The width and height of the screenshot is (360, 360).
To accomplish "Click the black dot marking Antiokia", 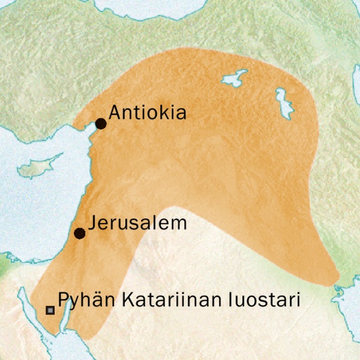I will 101,124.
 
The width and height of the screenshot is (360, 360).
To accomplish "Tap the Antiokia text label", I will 148,113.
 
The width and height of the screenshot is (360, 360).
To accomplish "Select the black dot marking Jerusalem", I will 79,233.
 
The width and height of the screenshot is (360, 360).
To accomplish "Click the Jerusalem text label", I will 137,223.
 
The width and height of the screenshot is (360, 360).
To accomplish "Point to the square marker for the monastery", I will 50,310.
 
